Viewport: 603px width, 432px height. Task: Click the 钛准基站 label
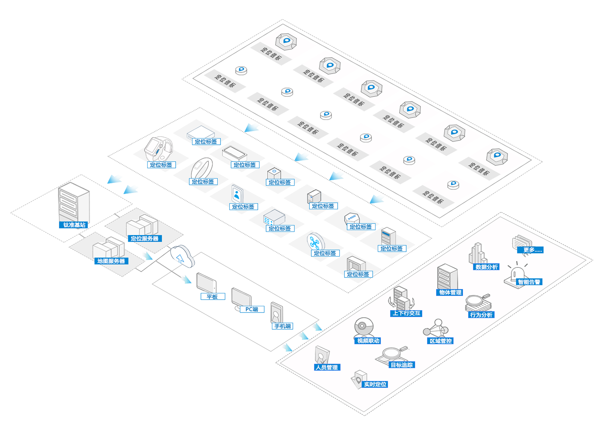click(74, 225)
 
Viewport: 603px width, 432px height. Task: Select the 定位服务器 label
click(145, 239)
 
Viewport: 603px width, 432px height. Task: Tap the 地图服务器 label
click(111, 261)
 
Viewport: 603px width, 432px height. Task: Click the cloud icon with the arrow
click(182, 255)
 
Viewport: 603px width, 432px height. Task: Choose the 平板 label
click(212, 297)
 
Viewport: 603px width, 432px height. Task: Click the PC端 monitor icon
click(241, 299)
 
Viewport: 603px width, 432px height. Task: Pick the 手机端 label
click(283, 326)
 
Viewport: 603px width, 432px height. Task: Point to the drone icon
click(315, 242)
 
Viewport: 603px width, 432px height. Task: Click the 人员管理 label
click(327, 367)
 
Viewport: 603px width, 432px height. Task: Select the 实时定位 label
click(375, 385)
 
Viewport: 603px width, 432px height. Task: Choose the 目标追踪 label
click(402, 365)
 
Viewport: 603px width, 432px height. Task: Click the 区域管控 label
click(441, 341)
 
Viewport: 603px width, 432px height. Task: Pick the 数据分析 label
click(487, 267)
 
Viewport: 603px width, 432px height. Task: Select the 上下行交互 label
click(406, 313)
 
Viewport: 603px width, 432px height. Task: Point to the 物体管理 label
click(450, 292)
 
